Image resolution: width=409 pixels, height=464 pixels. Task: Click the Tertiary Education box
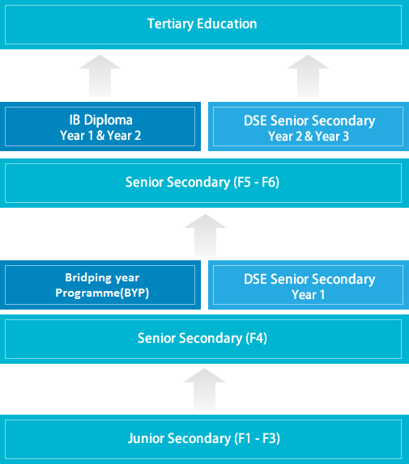tap(204, 24)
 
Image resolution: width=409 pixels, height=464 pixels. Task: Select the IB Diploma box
tap(100, 126)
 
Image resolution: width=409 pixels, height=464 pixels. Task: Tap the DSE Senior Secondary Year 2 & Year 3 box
tap(309, 126)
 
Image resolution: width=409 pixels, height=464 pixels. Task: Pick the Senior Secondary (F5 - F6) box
tap(204, 183)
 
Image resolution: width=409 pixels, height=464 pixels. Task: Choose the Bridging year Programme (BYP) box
tap(100, 285)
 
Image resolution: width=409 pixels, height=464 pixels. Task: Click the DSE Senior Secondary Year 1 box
tap(309, 285)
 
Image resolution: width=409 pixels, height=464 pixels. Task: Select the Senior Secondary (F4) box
tap(204, 339)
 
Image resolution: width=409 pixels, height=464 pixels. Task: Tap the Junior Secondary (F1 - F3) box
tap(204, 440)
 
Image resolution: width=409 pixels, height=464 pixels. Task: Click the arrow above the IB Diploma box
tap(100, 76)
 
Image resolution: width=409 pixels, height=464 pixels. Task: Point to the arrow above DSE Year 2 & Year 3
tap(309, 76)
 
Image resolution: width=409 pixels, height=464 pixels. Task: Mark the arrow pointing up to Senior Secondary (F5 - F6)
tap(205, 235)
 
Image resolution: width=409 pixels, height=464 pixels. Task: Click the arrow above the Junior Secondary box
tap(204, 390)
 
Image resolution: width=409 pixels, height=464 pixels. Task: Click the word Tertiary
tap(170, 24)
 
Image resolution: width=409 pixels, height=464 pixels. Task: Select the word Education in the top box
tap(227, 23)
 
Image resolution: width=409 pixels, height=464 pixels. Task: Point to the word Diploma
tap(109, 120)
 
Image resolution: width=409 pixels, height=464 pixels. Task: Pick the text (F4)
tap(257, 338)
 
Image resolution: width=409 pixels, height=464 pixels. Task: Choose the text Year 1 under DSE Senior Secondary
tap(309, 295)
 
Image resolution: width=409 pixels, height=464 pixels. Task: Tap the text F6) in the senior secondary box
tap(271, 183)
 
